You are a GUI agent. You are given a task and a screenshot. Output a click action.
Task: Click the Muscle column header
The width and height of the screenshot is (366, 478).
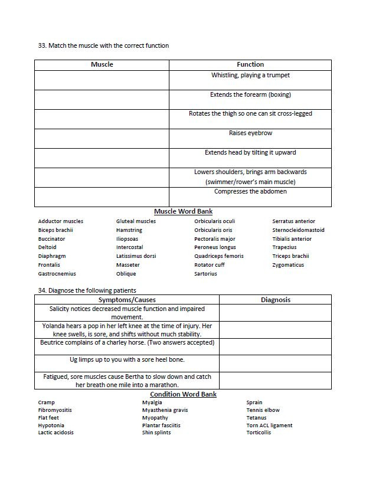pyautogui.click(x=102, y=64)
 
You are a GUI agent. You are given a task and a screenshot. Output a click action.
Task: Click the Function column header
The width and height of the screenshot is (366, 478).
pyautogui.click(x=250, y=64)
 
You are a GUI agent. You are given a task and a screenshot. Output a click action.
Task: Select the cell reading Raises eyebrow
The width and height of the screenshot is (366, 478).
pyautogui.click(x=250, y=133)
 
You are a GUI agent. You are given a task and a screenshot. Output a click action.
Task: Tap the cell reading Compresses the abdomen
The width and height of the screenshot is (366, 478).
pyautogui.click(x=250, y=191)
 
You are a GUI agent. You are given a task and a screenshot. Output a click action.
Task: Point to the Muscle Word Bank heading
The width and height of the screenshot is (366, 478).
pyautogui.click(x=183, y=211)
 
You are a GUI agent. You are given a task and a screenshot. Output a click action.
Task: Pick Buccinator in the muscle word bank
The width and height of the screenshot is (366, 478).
pyautogui.click(x=52, y=239)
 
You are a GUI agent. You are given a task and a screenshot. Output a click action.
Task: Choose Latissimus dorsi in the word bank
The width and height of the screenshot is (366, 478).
pyautogui.click(x=136, y=256)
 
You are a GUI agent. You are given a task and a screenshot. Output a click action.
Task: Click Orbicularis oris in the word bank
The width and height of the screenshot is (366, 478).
pyautogui.click(x=213, y=230)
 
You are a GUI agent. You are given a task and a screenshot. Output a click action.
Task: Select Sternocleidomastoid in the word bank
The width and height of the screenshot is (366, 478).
pyautogui.click(x=298, y=230)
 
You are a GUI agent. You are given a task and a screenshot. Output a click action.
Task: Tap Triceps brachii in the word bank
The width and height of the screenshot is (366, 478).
pyautogui.click(x=290, y=256)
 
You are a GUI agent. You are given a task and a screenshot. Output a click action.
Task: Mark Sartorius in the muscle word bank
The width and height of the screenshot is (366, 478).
pyautogui.click(x=207, y=274)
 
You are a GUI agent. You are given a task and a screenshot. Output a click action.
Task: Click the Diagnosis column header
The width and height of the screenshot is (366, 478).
pyautogui.click(x=275, y=300)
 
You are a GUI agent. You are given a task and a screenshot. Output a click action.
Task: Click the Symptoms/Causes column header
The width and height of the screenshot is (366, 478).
pyautogui.click(x=127, y=300)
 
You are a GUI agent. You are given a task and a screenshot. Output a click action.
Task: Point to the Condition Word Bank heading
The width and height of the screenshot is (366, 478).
pyautogui.click(x=183, y=394)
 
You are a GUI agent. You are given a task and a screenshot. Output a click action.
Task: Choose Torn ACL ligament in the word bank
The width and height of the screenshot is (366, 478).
pyautogui.click(x=269, y=425)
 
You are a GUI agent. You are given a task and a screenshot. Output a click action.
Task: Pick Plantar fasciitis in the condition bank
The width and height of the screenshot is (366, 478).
pyautogui.click(x=161, y=425)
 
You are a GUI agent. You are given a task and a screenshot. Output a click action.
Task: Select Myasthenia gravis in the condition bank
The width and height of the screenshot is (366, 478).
pyautogui.click(x=165, y=410)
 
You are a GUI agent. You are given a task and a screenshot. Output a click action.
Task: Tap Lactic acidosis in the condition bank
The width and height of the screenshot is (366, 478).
pyautogui.click(x=56, y=433)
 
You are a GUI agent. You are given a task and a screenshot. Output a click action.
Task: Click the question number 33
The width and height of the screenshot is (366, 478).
pyautogui.click(x=42, y=45)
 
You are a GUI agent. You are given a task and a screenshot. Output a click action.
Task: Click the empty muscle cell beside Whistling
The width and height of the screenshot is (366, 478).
pyautogui.click(x=102, y=80)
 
